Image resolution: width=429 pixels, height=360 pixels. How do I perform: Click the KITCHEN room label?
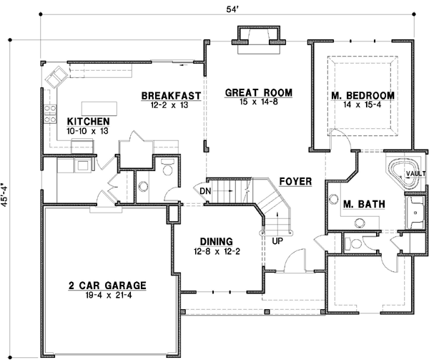click(89, 122)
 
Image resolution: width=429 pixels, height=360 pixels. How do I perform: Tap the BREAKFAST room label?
click(170, 96)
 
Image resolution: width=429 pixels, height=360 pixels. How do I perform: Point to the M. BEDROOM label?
click(363, 96)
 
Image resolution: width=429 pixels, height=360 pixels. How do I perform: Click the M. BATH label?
click(364, 205)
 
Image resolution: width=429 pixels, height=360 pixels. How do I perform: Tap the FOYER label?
click(295, 182)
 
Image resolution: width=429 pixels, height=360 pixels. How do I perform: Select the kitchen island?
click(99, 107)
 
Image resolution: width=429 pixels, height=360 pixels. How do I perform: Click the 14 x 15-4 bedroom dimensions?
click(363, 105)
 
